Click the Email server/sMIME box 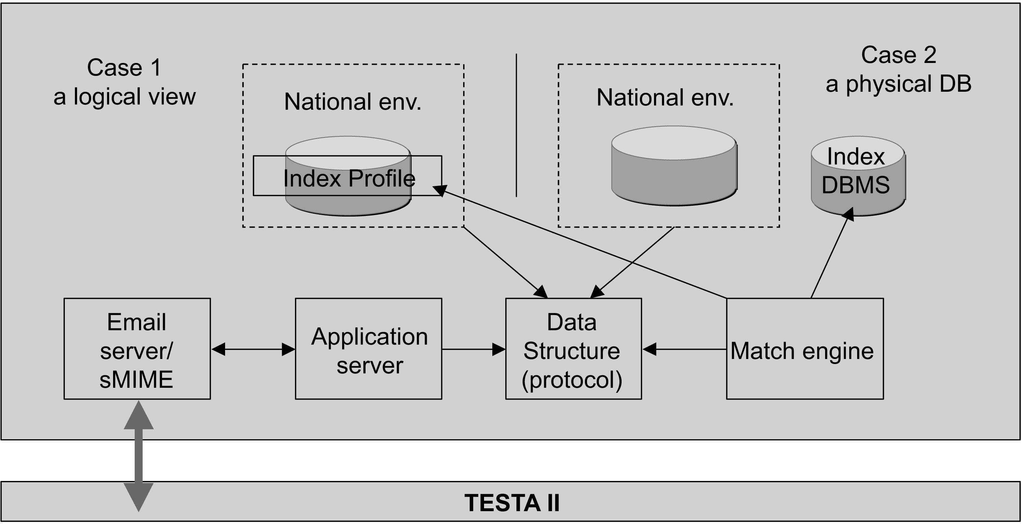[137, 349]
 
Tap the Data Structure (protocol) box [573, 349]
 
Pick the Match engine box [805, 349]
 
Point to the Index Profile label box [347, 176]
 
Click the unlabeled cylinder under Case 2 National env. [674, 166]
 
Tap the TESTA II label [512, 503]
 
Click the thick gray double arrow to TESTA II [139, 455]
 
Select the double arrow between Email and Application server [253, 349]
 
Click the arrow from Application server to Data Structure [474, 349]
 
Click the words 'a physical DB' [898, 84]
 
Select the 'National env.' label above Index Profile [353, 102]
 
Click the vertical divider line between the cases [516, 125]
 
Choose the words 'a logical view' [125, 97]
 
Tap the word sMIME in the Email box [136, 379]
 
